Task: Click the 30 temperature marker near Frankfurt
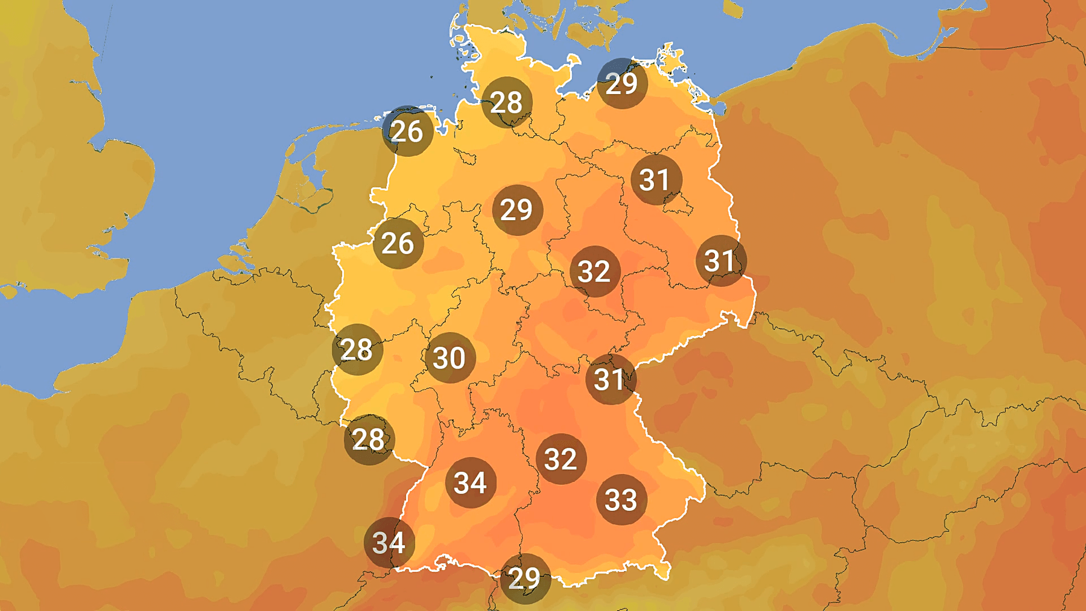[x=449, y=358]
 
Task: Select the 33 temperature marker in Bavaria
[x=621, y=499]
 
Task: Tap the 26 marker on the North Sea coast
[x=407, y=131]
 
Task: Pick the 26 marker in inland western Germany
[x=398, y=243]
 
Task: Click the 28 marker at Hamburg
[x=507, y=102]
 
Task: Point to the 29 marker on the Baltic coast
[x=622, y=83]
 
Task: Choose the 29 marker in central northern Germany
[x=517, y=209]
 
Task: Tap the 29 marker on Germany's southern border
[x=525, y=578]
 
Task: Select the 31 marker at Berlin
[x=656, y=179]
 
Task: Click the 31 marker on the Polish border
[x=721, y=261]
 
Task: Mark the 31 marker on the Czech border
[x=611, y=379]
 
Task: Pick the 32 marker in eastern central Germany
[x=595, y=271]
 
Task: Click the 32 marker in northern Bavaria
[x=561, y=458]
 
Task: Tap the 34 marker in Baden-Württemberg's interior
[x=471, y=483]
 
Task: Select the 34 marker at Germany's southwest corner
[x=389, y=542]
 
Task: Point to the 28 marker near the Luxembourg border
[x=357, y=349]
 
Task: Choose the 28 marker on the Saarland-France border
[x=369, y=439]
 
